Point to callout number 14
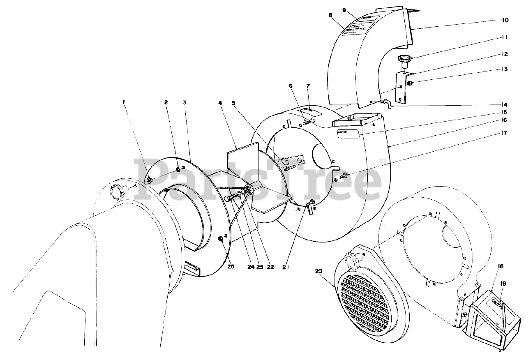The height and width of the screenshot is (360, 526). point(504,104)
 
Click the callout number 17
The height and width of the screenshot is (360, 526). point(504,133)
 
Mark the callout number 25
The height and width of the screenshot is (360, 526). point(231,267)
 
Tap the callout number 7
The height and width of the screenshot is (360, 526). point(308,86)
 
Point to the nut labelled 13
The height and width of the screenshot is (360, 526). point(409,84)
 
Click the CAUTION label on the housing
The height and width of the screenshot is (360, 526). point(348,134)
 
